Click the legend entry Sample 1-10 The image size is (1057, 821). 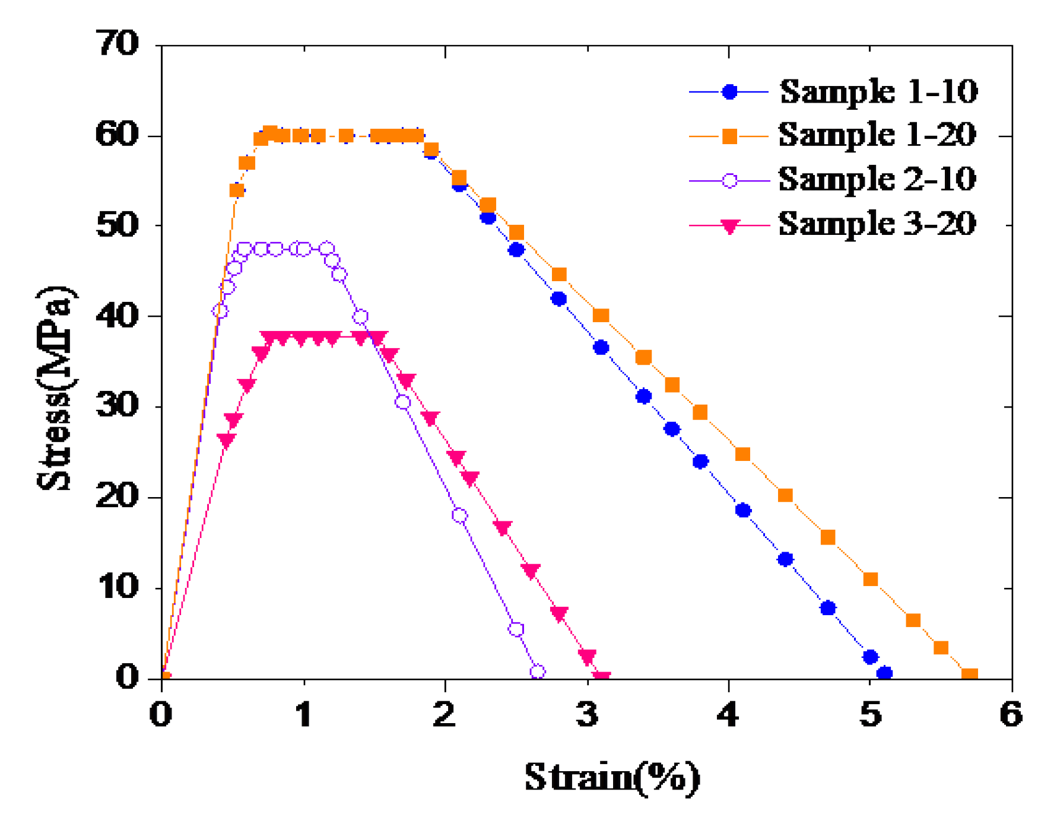(878, 92)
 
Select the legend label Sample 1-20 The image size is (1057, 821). (877, 135)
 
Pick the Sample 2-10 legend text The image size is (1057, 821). (877, 179)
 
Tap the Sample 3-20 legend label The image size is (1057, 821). (877, 224)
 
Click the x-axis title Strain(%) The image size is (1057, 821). (612, 777)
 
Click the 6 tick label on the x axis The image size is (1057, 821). (1011, 714)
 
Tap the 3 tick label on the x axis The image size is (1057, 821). (587, 714)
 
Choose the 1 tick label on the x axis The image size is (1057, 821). (304, 714)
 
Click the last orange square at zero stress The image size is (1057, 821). (969, 676)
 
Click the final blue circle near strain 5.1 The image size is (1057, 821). (884, 673)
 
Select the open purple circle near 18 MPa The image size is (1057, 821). (459, 515)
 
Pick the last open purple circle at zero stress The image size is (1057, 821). (537, 672)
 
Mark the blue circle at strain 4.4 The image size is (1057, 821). (785, 559)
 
